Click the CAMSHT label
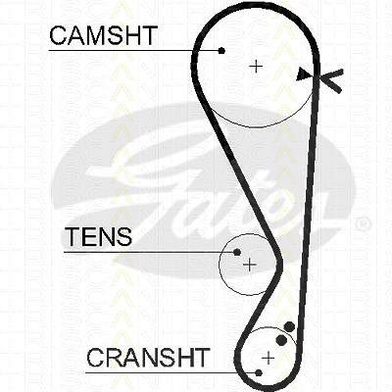pyautogui.click(x=104, y=35)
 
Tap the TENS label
pyautogui.click(x=99, y=236)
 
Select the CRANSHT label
pyautogui.click(x=148, y=357)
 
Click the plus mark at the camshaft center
pyautogui.click(x=256, y=67)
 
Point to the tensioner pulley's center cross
pyautogui.click(x=250, y=265)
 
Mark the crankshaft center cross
pyautogui.click(x=269, y=358)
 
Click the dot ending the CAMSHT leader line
pyautogui.click(x=221, y=50)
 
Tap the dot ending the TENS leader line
pyautogui.click(x=237, y=252)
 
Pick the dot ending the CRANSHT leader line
pyautogui.click(x=259, y=372)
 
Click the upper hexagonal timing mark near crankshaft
pyautogui.click(x=289, y=326)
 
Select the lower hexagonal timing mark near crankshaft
pyautogui.click(x=281, y=340)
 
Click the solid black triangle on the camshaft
pyautogui.click(x=304, y=74)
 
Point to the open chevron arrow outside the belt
pyautogui.click(x=330, y=80)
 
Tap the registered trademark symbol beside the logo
pyautogui.click(x=363, y=224)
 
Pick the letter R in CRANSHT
pyautogui.click(x=115, y=357)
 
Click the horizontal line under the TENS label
pyautogui.click(x=151, y=252)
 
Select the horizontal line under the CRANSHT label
pyautogui.click(x=172, y=372)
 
